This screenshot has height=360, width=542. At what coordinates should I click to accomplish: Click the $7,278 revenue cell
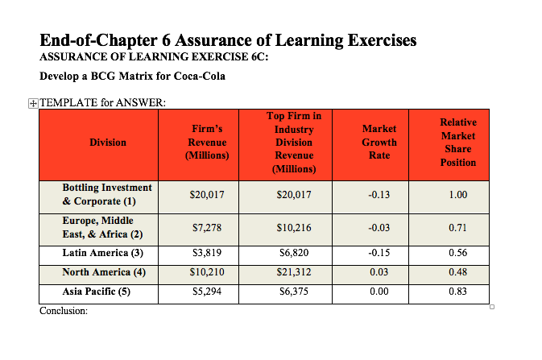click(x=207, y=228)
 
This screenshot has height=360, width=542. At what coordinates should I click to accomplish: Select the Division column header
click(x=108, y=143)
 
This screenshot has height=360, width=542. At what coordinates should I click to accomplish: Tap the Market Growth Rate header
click(x=379, y=142)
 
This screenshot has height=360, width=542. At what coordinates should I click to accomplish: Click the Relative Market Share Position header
click(x=457, y=143)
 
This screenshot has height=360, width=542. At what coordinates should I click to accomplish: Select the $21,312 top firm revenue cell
click(x=293, y=273)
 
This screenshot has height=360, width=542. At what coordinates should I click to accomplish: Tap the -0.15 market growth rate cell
click(x=379, y=254)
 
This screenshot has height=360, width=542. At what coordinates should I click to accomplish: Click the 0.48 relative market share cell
click(x=457, y=273)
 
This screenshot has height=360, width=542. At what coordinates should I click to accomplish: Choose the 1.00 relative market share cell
click(x=457, y=195)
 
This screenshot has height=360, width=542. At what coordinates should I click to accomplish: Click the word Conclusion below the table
click(x=64, y=311)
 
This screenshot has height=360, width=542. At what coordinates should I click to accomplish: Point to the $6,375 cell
click(x=293, y=292)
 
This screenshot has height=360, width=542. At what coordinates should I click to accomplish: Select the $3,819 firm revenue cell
click(x=207, y=254)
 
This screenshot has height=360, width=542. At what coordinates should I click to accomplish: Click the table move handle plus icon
click(x=32, y=103)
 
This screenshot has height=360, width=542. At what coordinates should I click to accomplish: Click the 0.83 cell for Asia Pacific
click(x=457, y=292)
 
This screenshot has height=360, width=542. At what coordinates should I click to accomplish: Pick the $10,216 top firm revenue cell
click(x=293, y=228)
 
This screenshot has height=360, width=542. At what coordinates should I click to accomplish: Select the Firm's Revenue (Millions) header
click(x=207, y=142)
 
